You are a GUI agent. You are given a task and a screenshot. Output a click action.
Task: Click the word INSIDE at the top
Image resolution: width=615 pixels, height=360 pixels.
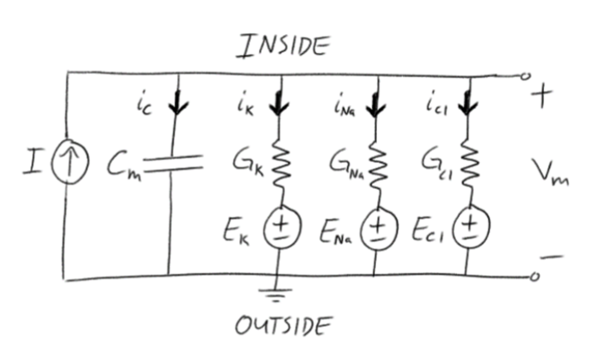pos(283,46)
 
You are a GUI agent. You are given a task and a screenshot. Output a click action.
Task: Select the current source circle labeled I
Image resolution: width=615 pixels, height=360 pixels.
pos(70,163)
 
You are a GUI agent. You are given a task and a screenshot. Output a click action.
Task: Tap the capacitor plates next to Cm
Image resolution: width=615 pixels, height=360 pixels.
pos(172,163)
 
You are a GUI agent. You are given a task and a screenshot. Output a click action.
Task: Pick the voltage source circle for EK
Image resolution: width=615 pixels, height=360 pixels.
pos(280,228)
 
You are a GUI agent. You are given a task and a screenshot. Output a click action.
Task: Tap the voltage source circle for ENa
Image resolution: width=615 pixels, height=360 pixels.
pos(376,229)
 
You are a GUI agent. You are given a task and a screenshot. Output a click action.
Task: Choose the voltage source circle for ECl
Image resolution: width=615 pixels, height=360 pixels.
pos(469,228)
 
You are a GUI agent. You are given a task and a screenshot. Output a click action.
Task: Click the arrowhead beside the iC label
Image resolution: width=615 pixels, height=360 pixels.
pos(178,106)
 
